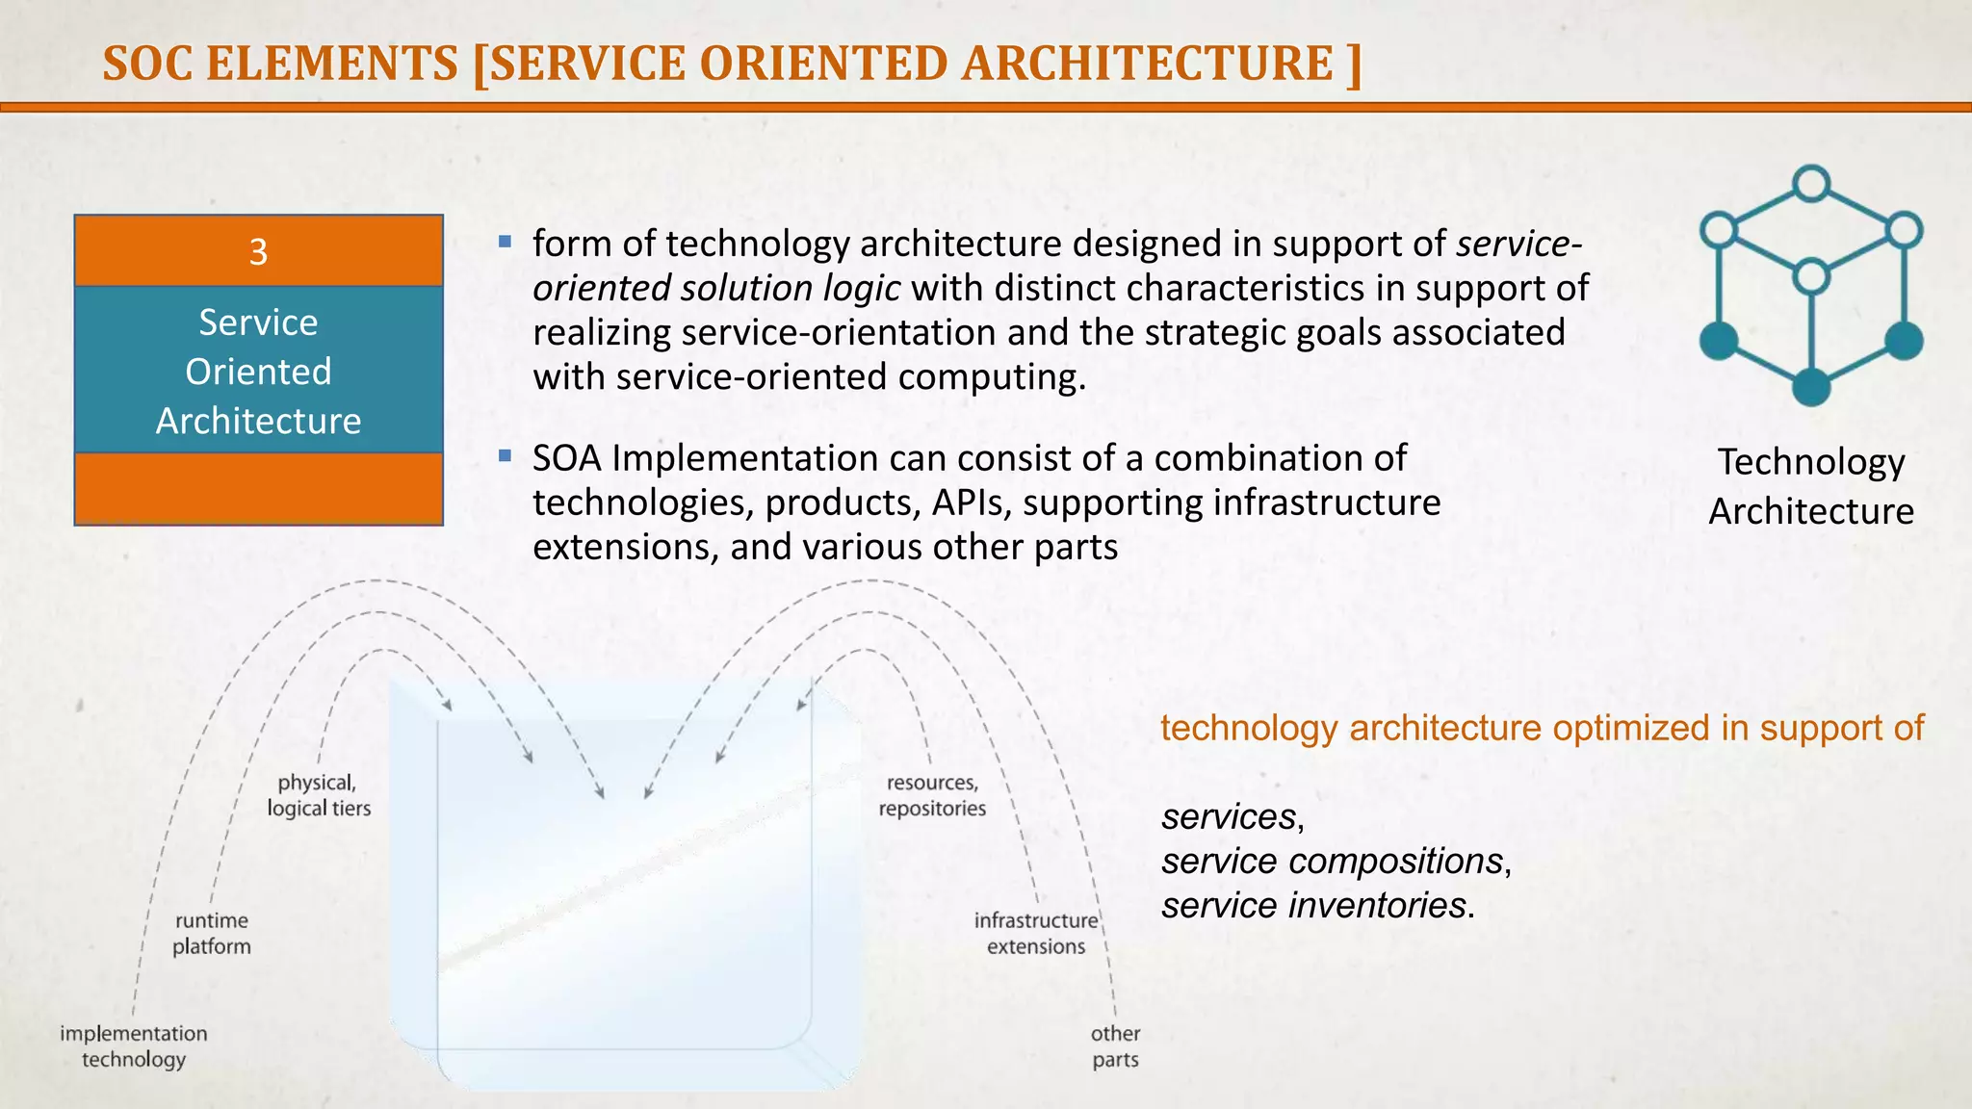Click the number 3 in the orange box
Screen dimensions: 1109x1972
[x=258, y=252]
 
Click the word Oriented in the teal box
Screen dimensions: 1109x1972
[x=258, y=372]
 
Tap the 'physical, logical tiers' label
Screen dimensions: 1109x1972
[x=319, y=795]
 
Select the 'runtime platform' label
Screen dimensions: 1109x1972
[x=212, y=934]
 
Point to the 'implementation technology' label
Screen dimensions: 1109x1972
[x=134, y=1046]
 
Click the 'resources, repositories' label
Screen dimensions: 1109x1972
[x=932, y=795]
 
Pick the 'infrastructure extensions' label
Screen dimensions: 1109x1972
[x=1036, y=934]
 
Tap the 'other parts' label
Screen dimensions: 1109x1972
[x=1115, y=1046]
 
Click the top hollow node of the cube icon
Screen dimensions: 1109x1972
[x=1811, y=183]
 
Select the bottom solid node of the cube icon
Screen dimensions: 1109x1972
[x=1811, y=387]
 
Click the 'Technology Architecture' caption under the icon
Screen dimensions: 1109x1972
[x=1811, y=486]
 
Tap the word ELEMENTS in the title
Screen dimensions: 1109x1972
[x=332, y=64]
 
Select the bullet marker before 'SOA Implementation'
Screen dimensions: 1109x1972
[x=506, y=455]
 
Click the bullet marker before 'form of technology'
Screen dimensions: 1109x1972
[x=506, y=242]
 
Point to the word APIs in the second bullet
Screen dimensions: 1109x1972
[x=971, y=503]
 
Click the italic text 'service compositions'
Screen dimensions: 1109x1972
[x=1332, y=861]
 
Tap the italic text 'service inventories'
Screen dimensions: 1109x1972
[x=1313, y=905]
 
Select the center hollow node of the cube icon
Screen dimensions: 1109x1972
[x=1811, y=277]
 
